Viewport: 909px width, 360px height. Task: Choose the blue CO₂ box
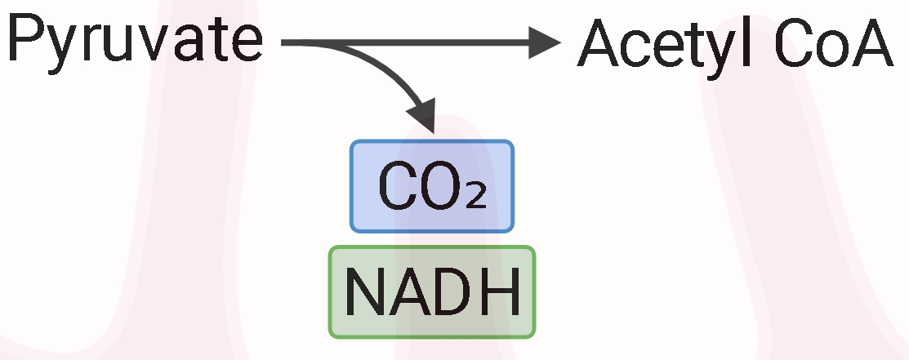click(x=432, y=185)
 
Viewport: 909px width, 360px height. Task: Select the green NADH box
click(x=432, y=291)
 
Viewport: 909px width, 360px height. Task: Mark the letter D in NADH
click(x=454, y=291)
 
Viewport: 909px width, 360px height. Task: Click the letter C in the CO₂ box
click(x=396, y=186)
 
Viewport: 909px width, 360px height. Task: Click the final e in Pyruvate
click(x=247, y=45)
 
